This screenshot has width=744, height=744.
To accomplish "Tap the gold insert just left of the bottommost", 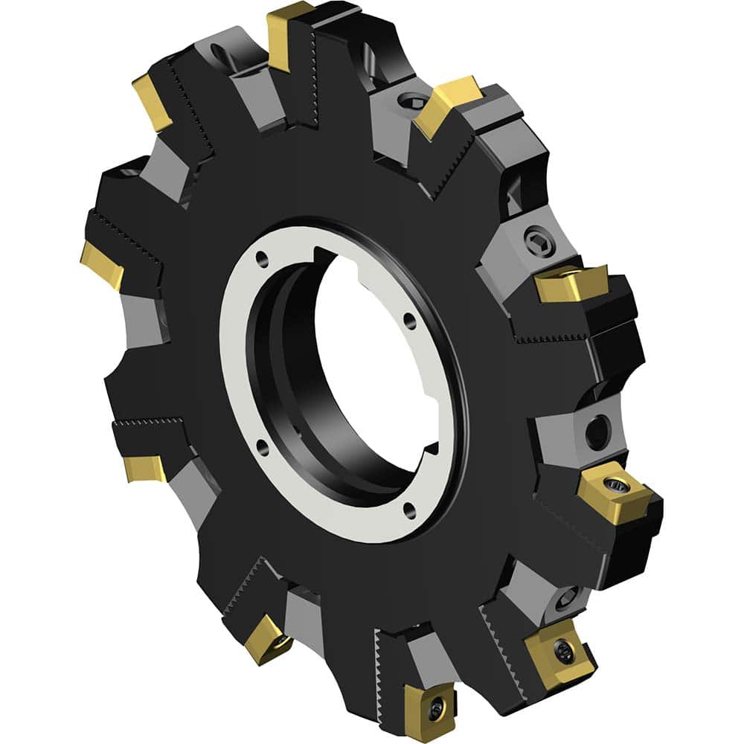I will click(x=268, y=638).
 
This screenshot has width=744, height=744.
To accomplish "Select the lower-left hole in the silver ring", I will click(x=263, y=446).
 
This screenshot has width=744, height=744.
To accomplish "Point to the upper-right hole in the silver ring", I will click(x=408, y=321).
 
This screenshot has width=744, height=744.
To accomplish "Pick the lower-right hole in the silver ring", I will click(x=408, y=508).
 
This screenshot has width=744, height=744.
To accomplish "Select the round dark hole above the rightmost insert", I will click(x=597, y=432).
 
